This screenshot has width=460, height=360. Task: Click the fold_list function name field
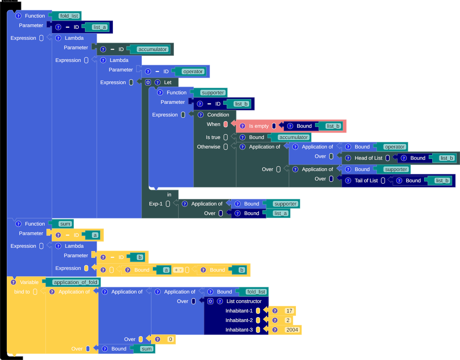coord(69,16)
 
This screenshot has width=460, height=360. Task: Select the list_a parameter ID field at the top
coord(99,27)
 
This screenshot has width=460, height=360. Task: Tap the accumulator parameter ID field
coord(152,49)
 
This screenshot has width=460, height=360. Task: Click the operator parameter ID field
coord(193,71)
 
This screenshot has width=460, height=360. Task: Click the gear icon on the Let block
coord(148,82)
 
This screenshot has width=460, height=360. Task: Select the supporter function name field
coord(213,93)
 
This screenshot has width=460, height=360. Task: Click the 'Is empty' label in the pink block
coord(259,126)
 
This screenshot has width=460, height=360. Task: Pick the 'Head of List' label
coord(368,158)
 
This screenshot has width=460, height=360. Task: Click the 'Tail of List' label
coord(366,181)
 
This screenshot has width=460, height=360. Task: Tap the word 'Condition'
coord(218,115)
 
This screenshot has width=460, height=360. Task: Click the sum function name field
coord(65,224)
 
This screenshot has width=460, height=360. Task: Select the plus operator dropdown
coord(178,270)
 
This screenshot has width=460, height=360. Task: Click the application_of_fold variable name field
coord(75,282)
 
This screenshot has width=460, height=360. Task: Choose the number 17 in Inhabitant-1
coord(289,311)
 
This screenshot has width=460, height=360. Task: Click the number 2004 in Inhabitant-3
coord(292,330)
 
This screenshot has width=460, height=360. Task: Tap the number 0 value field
coord(170,339)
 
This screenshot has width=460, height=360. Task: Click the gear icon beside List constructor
coord(210,301)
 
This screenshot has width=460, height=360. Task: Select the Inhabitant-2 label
coord(239,320)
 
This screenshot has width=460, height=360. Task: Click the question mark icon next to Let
coord(158,82)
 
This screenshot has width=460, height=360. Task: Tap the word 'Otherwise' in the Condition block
coord(208,147)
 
